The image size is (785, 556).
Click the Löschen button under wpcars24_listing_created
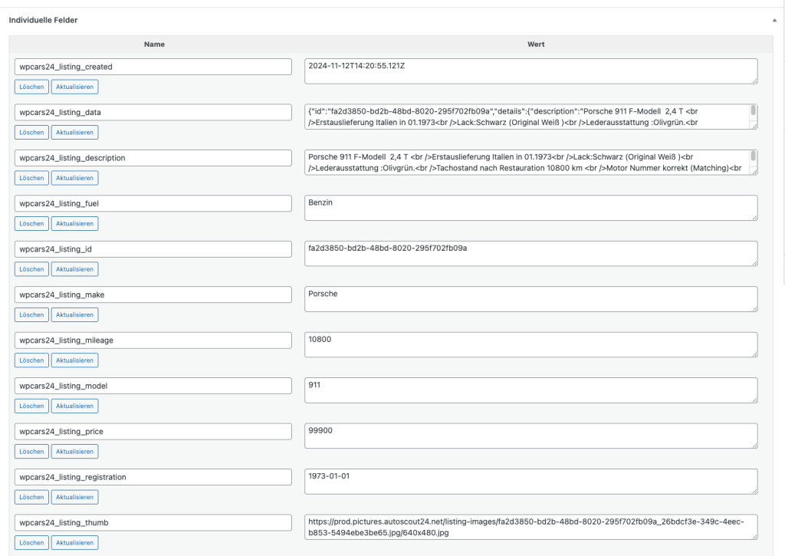click(31, 87)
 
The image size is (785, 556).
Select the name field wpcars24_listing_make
click(153, 294)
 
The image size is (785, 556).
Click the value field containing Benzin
click(530, 208)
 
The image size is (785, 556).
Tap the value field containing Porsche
click(530, 299)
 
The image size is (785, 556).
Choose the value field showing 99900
click(530, 436)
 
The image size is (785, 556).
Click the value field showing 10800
click(530, 344)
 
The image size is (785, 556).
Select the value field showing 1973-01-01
click(530, 481)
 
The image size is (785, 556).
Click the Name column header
click(154, 44)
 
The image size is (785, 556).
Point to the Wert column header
click(536, 44)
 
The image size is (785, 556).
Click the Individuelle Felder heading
click(43, 20)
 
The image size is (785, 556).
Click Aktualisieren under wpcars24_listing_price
click(74, 452)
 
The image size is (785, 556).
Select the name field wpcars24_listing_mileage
click(153, 340)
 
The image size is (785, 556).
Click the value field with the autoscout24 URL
click(530, 527)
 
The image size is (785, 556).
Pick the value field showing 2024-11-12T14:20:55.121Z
click(530, 71)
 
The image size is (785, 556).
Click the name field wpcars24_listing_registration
click(153, 477)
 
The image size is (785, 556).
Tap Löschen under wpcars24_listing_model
click(31, 406)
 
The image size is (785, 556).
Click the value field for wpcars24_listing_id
click(530, 253)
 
